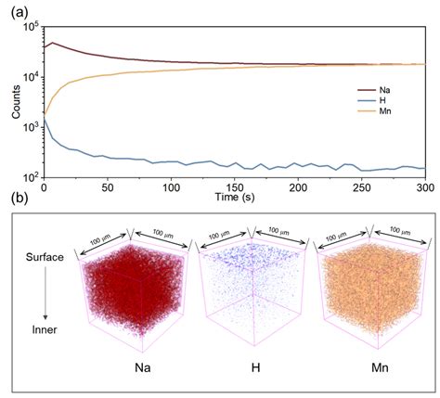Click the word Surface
pos(44,257)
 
